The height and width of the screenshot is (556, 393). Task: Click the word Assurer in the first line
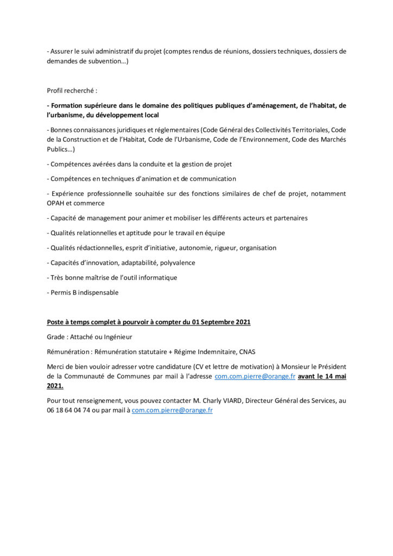pyautogui.click(x=63, y=52)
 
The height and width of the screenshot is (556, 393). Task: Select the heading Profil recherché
pyautogui.click(x=72, y=91)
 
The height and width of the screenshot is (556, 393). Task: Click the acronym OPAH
pyautogui.click(x=56, y=203)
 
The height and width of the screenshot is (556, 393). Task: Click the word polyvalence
pyautogui.click(x=178, y=263)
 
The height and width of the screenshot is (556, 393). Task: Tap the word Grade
pyautogui.click(x=58, y=337)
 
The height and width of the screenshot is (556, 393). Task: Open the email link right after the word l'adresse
pyautogui.click(x=255, y=376)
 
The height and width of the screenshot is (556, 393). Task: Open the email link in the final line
pyautogui.click(x=172, y=410)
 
